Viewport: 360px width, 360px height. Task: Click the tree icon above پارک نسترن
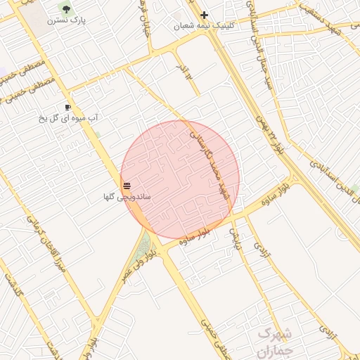click(66, 9)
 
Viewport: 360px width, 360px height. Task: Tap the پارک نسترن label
click(66, 21)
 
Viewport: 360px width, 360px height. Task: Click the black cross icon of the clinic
click(204, 15)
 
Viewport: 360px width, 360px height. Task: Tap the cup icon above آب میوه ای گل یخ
click(67, 108)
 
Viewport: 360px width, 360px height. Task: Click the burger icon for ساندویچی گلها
click(127, 186)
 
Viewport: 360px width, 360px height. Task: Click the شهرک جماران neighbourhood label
click(274, 342)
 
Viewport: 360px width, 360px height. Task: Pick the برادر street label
click(184, 70)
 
